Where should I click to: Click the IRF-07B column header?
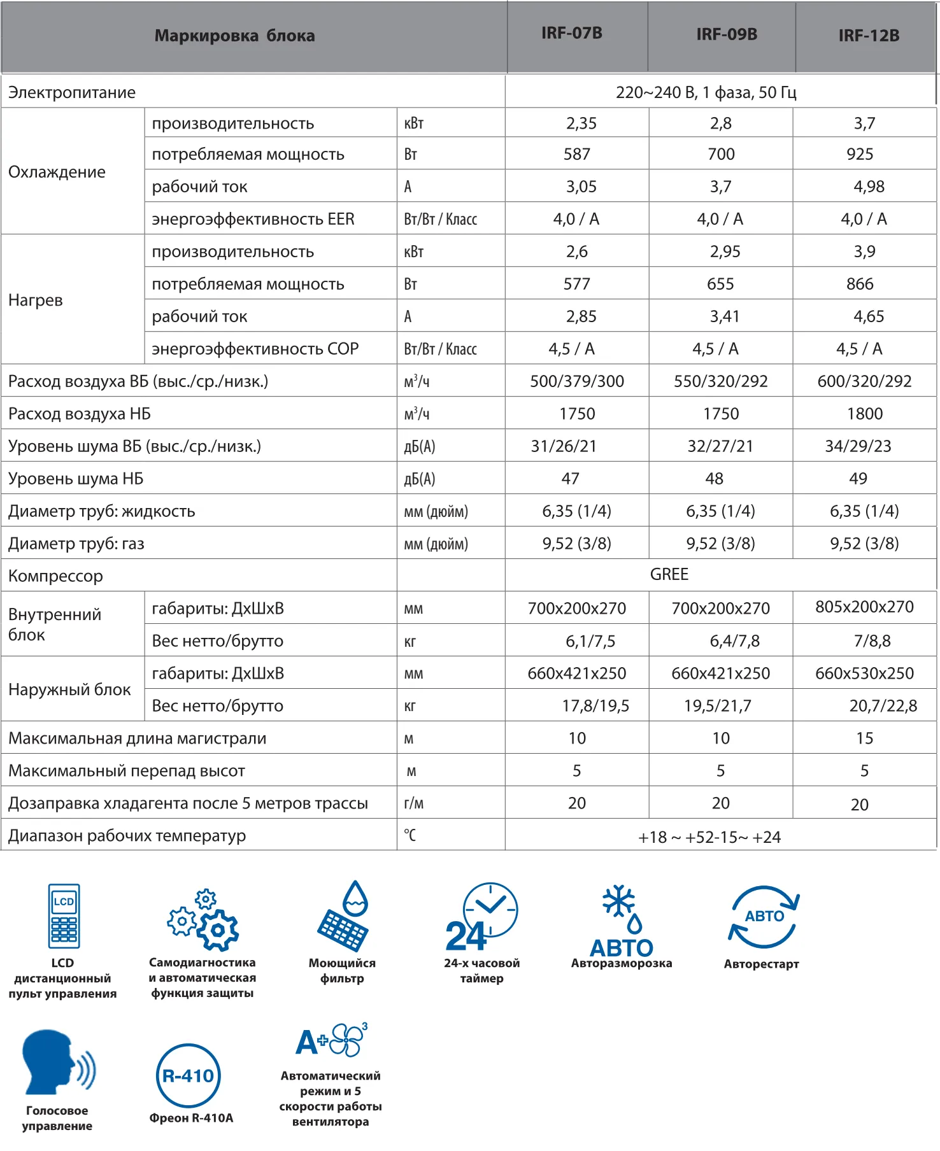coord(571,33)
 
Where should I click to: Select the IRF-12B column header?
coord(868,36)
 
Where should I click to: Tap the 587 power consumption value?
coord(576,154)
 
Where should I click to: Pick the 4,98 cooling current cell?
coord(869,187)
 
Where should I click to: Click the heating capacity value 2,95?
coord(725,251)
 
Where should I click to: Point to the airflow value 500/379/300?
coord(576,381)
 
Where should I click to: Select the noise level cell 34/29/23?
coord(858,446)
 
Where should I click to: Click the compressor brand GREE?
coord(669,574)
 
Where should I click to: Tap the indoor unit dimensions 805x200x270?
coord(864,607)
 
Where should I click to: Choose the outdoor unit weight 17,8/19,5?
coord(595,705)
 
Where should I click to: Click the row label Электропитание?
coord(72,92)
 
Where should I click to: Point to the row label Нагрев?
coord(36,300)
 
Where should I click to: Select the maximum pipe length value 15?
coord(864,738)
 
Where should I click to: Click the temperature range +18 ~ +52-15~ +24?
coord(709,837)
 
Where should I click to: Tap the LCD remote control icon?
coord(64,915)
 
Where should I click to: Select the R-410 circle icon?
coord(189,1076)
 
